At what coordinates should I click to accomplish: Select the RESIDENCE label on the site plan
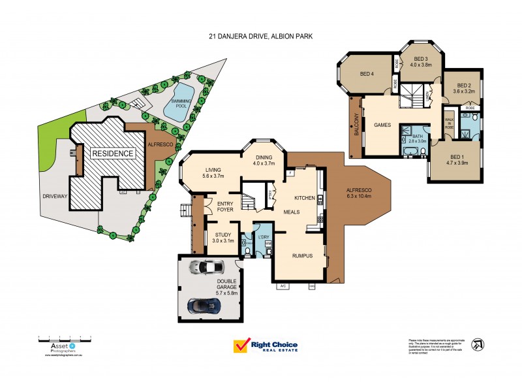pos(112,154)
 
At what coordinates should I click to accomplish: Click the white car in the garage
pos(205,267)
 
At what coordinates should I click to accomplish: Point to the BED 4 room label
pos(367,73)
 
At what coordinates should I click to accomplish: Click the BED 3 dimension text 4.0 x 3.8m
pos(421,65)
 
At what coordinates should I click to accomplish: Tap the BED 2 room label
pos(464,86)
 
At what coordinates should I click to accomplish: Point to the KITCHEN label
pos(305,197)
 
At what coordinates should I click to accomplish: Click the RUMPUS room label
pos(303,256)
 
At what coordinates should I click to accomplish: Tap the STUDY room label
pos(223,235)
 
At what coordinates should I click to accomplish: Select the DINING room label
pos(264,157)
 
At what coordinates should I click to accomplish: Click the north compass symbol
pos(478,344)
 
